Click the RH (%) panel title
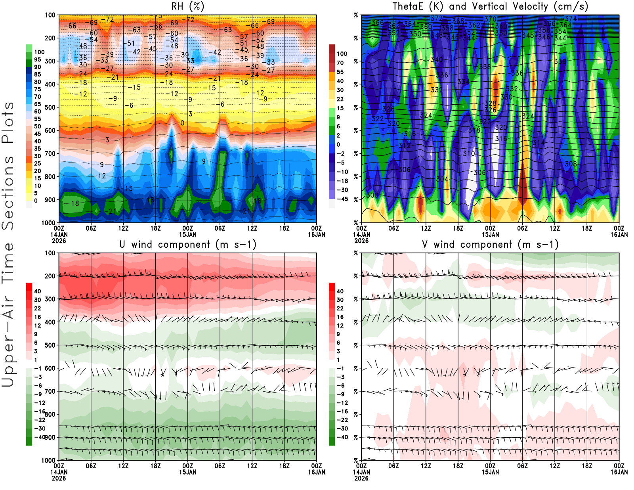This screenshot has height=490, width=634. tap(187, 6)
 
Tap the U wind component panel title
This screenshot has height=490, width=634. tap(187, 244)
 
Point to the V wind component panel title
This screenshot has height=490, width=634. tap(490, 244)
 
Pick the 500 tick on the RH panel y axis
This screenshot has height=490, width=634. tap(50, 107)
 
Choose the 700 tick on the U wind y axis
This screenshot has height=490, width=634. tap(50, 391)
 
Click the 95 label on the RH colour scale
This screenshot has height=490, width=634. tap(38, 59)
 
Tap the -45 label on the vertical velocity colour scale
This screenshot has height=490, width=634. tap(342, 199)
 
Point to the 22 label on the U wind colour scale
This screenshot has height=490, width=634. tap(38, 308)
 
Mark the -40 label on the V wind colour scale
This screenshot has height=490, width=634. tap(342, 437)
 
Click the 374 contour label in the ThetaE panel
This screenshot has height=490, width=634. tap(571, 19)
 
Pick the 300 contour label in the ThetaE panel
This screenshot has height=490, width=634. tap(372, 195)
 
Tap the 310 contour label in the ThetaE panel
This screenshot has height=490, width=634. tap(469, 153)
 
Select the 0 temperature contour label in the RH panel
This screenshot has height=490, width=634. tap(182, 123)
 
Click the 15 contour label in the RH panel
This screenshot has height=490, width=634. tap(129, 189)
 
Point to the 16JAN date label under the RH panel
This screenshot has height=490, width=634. tap(317, 234)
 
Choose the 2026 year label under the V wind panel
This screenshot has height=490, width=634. tap(361, 478)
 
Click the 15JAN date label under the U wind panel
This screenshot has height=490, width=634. tap(187, 472)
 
